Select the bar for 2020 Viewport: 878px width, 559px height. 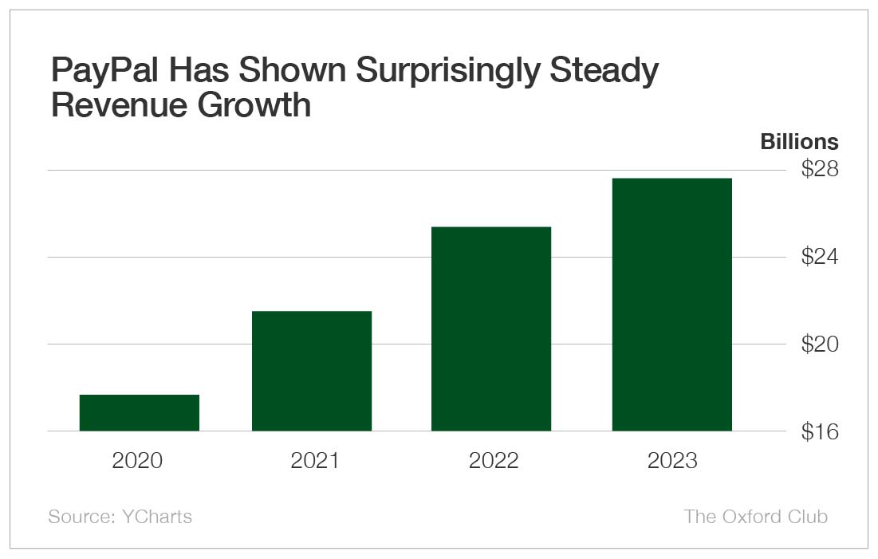[x=140, y=413]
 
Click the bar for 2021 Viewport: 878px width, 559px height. [x=312, y=371]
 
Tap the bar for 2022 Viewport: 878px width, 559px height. [x=491, y=329]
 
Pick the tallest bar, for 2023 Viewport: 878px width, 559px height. [x=671, y=305]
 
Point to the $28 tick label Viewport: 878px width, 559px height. [x=820, y=169]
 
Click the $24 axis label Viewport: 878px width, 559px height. [x=820, y=257]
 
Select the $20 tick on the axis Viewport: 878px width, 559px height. [x=820, y=344]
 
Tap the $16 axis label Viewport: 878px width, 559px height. [x=820, y=431]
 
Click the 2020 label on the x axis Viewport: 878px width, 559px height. [x=138, y=461]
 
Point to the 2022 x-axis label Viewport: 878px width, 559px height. [x=493, y=461]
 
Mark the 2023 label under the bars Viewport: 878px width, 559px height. [x=671, y=461]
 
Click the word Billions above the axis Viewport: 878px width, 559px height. [x=799, y=142]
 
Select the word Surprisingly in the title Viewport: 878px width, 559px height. [x=448, y=72]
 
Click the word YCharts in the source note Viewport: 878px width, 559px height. [x=157, y=517]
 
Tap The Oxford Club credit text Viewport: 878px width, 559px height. [x=755, y=517]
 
